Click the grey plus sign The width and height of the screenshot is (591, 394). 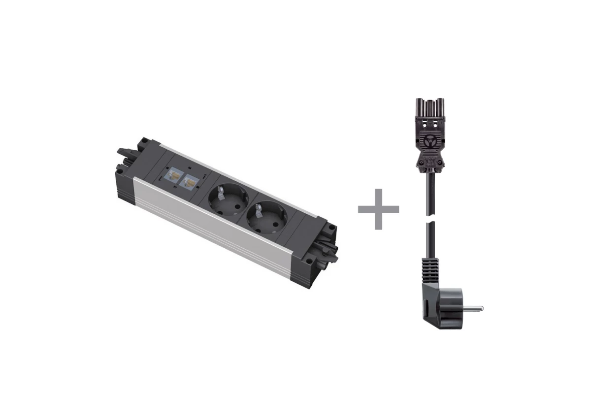coord(378,209)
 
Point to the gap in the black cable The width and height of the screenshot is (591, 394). coord(428,220)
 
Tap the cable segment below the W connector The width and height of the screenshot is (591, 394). coord(427,192)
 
